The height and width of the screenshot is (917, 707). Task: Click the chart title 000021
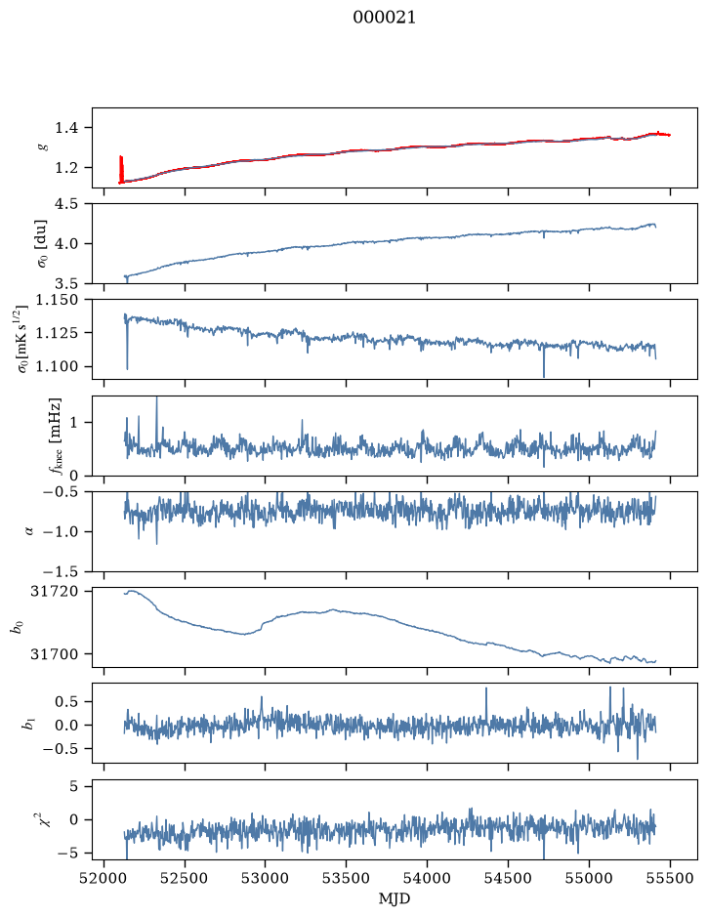pos(384,18)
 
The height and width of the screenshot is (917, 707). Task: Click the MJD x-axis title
pos(395,898)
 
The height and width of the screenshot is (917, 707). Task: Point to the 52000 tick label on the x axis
pos(104,879)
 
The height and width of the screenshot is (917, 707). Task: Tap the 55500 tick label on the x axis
pos(670,879)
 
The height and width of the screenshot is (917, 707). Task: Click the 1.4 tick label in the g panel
pos(66,128)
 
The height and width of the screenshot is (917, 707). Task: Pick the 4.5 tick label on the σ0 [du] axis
pos(66,203)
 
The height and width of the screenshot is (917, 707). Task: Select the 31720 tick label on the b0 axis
pos(54,591)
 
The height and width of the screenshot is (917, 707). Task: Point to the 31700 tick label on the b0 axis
pos(54,654)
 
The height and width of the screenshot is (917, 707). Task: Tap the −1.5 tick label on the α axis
pos(61,571)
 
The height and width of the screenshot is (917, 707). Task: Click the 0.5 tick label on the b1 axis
pos(66,701)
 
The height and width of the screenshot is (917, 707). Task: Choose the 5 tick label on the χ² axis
pos(73,786)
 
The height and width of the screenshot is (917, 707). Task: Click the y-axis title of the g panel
pos(42,147)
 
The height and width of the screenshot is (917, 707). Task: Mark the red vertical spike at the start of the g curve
pos(121,169)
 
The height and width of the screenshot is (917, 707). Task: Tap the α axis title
pos(29,531)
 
